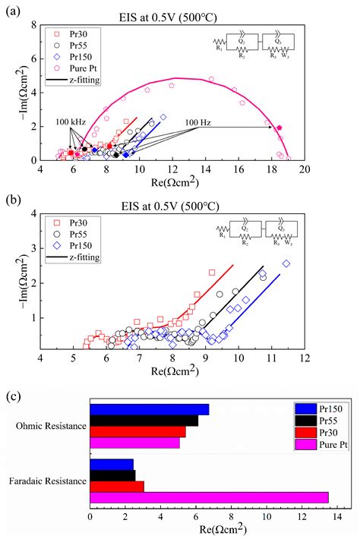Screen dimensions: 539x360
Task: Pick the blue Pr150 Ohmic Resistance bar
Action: pos(149,410)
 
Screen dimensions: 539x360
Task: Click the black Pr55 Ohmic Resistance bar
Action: pos(144,421)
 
